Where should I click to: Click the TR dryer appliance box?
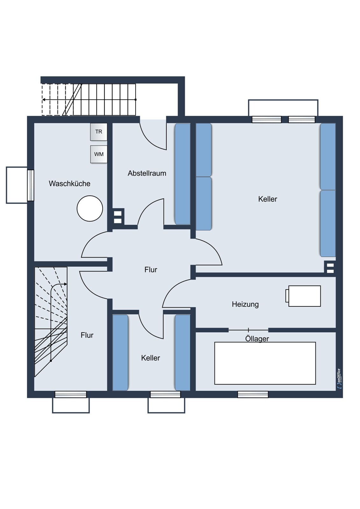pos(99,132)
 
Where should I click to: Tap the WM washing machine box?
pos(99,154)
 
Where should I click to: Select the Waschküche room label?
pos(70,184)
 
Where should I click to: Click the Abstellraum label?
pos(147,173)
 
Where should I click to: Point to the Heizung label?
pos(245,304)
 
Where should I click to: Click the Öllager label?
pos(257,338)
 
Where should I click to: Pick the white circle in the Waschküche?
pos(90,208)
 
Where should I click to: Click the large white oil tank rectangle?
pos(265,363)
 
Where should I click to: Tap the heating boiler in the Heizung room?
pos(303,296)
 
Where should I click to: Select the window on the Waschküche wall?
pos(31,185)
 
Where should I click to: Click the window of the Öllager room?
pos(253,394)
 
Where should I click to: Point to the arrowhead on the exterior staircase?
pos(44,100)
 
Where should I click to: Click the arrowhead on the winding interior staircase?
pos(66,284)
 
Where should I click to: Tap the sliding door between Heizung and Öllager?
pos(248,330)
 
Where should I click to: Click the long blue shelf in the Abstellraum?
pos(182,174)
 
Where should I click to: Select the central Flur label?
pos(151,270)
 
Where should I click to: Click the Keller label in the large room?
pos(268,199)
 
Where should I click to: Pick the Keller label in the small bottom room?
pos(151,358)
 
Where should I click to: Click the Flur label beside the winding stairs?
pos(87,335)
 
